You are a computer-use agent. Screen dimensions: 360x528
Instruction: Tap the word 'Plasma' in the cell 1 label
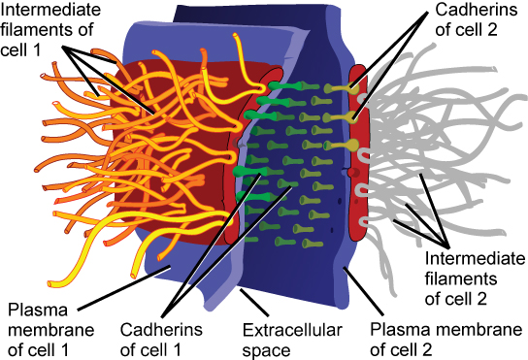[x=33, y=311]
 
